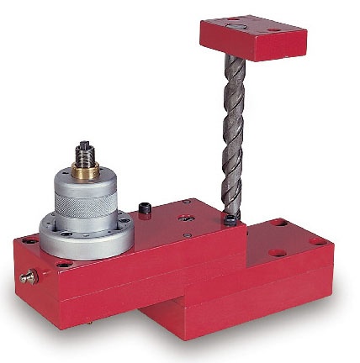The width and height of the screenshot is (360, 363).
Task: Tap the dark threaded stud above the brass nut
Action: pyautogui.click(x=84, y=153)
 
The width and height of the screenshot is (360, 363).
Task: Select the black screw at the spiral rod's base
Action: pyautogui.click(x=230, y=220)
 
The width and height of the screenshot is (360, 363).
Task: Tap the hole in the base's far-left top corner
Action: pyautogui.click(x=29, y=240)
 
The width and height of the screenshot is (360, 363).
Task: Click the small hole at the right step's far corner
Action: pyautogui.click(x=327, y=240)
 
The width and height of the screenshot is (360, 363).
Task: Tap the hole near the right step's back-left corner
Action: pyautogui.click(x=278, y=224)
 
